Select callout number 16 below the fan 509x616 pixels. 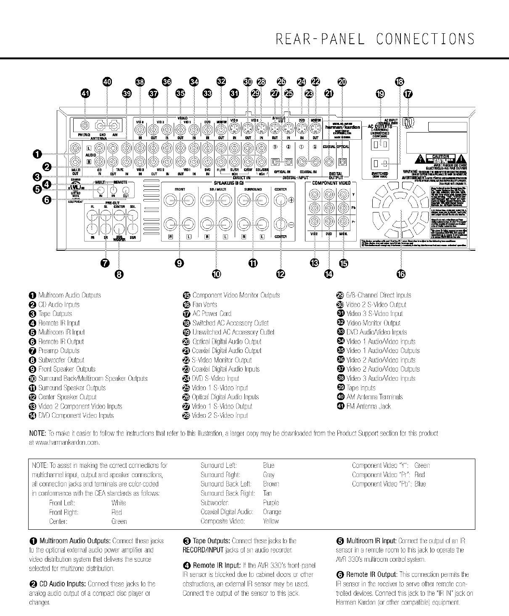click(400, 274)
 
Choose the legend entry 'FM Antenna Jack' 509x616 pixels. click(374, 406)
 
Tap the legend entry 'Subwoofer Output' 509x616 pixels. click(61, 360)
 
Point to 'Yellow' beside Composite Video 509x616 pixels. click(270, 521)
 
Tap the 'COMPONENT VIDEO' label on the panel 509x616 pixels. click(332, 183)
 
